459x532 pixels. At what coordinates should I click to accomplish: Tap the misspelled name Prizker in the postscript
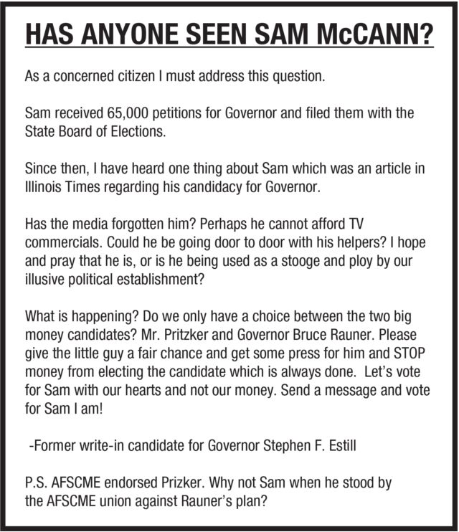(x=178, y=483)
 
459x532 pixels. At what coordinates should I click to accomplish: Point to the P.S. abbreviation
(x=38, y=483)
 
